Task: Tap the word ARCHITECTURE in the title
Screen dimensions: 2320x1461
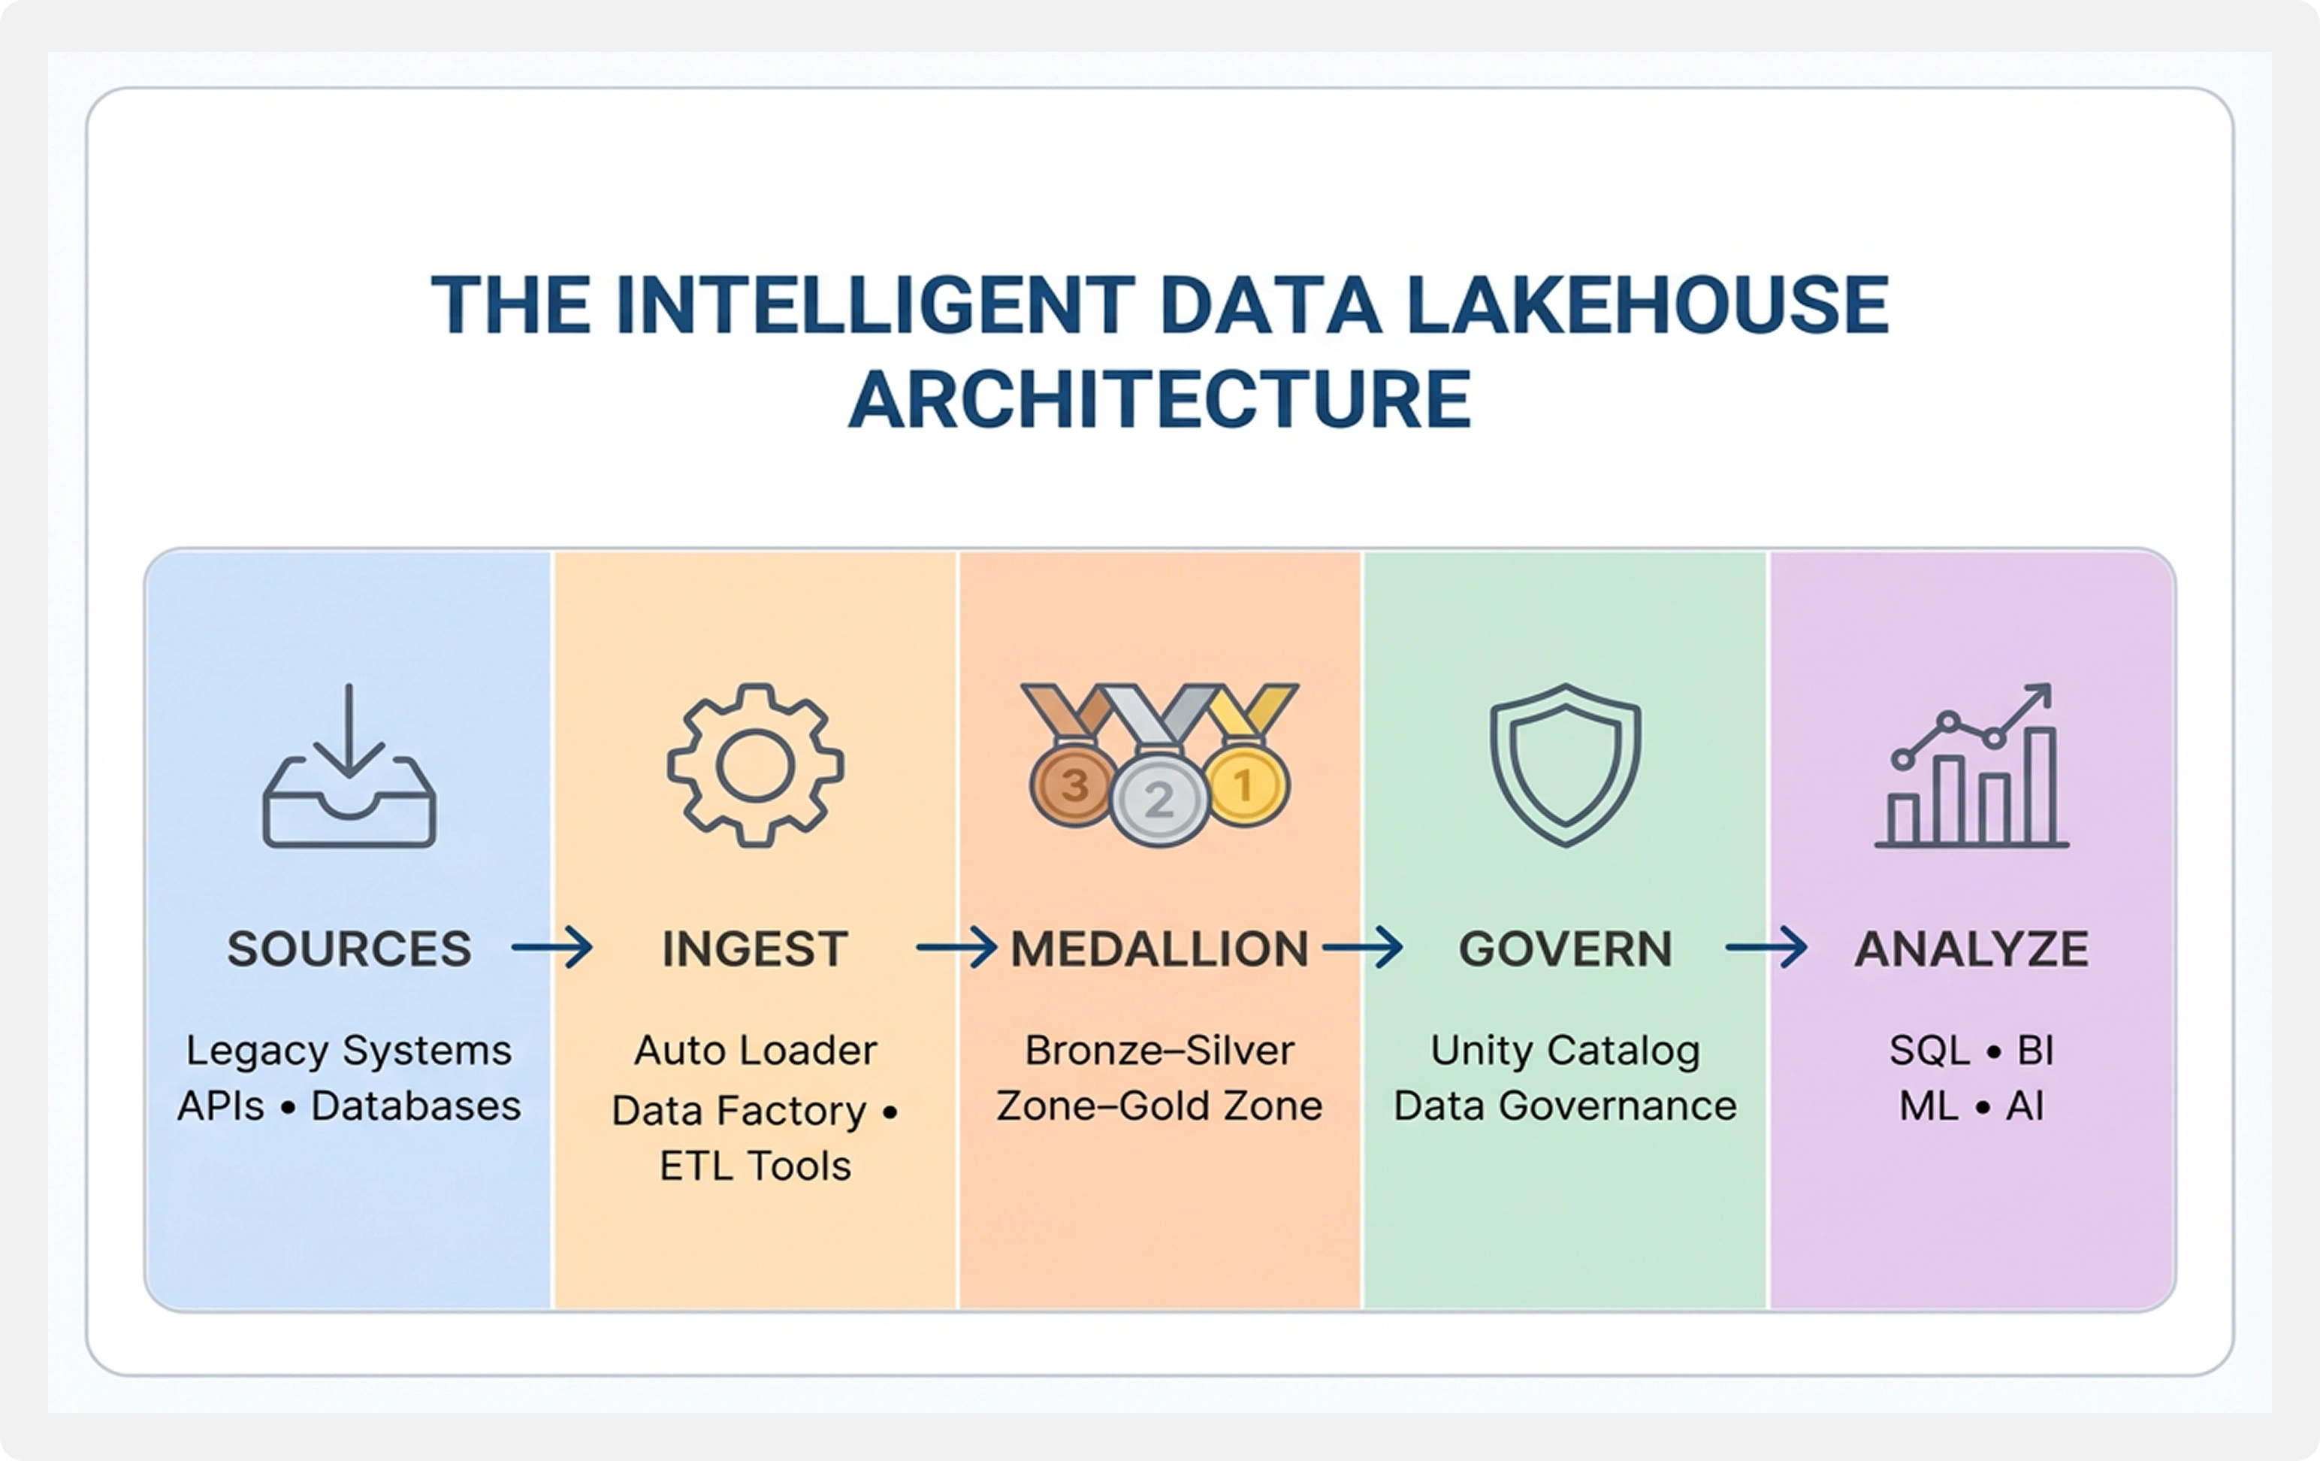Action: [1160, 399]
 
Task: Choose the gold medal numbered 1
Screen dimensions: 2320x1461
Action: [1245, 785]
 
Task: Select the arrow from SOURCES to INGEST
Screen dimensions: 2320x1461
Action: [552, 948]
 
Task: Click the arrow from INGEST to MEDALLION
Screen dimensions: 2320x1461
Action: [956, 948]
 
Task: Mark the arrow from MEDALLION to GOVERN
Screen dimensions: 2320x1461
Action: [1362, 948]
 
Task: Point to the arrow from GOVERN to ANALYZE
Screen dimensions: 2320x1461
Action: [1767, 948]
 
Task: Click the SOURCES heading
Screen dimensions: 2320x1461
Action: [350, 949]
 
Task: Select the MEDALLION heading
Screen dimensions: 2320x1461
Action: [1160, 949]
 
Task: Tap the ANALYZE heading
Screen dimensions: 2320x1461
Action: [1972, 949]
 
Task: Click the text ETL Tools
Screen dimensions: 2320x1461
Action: [755, 1166]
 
